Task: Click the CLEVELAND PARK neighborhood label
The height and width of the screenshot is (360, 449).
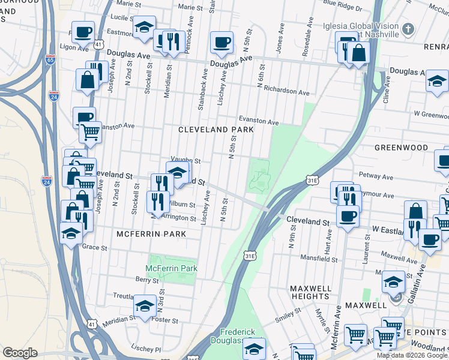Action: tap(216, 130)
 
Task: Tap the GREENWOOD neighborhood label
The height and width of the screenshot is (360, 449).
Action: tap(401, 148)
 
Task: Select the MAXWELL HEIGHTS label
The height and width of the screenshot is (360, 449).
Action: tap(310, 292)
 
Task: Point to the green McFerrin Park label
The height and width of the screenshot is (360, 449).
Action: tap(172, 268)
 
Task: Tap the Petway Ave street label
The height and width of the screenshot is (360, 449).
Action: tap(393, 177)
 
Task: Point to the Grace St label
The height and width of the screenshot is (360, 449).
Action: tap(94, 247)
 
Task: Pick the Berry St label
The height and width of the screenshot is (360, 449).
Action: tap(146, 280)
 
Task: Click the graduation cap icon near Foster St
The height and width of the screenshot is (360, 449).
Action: tap(144, 307)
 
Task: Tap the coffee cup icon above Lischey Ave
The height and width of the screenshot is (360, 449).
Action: tap(221, 42)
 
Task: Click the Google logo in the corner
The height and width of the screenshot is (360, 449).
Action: tap(20, 353)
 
